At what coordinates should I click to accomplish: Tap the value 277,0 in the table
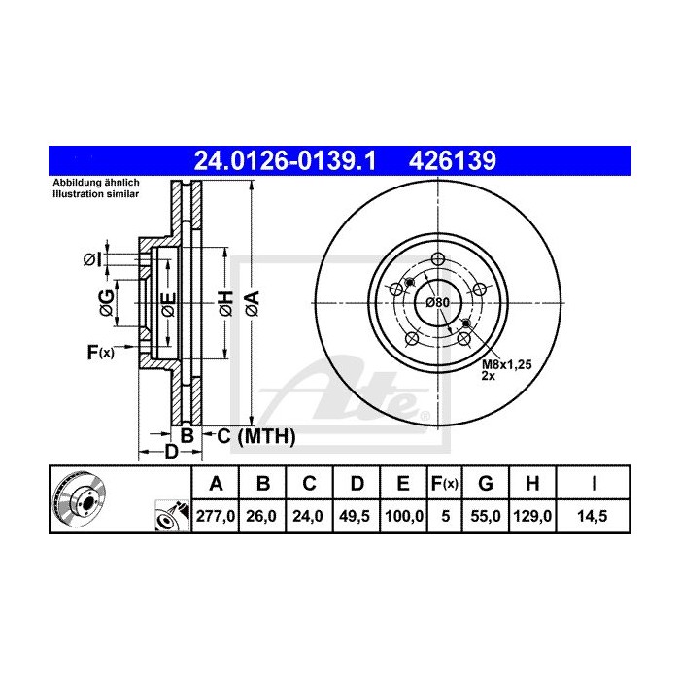217,518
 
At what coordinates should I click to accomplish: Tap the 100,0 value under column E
401,518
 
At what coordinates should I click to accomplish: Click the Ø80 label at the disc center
438,303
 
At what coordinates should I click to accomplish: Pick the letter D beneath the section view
170,452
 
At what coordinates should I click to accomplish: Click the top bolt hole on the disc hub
437,258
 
